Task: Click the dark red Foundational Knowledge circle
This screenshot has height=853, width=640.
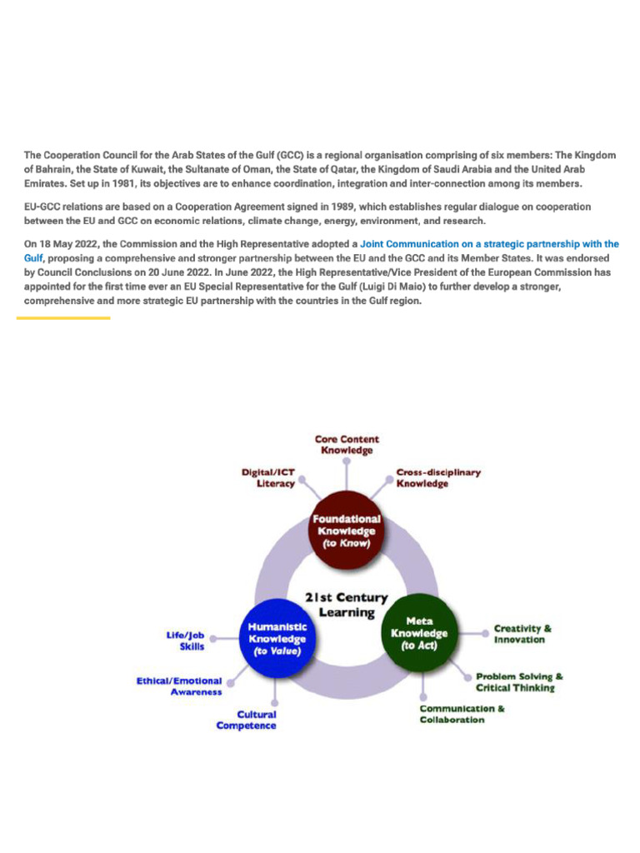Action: [346, 531]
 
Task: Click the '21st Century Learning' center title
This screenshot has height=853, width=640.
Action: [346, 605]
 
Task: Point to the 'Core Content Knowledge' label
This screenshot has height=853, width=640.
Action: [347, 444]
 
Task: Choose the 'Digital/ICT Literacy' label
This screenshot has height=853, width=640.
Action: [267, 477]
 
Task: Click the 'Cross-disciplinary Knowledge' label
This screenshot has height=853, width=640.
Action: [437, 477]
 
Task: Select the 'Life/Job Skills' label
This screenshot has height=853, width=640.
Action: [185, 640]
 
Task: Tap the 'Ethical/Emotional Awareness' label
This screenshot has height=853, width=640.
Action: [179, 686]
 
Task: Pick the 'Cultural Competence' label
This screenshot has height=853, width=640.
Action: [247, 720]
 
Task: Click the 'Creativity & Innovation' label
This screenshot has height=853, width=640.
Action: [522, 634]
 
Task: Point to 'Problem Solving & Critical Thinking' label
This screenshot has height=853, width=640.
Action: [519, 682]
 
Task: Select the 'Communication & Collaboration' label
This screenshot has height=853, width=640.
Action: [462, 714]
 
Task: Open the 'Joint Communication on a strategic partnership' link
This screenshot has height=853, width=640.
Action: [489, 244]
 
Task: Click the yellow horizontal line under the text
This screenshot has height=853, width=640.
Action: [63, 317]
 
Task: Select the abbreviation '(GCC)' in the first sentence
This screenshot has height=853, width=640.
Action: [292, 155]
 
